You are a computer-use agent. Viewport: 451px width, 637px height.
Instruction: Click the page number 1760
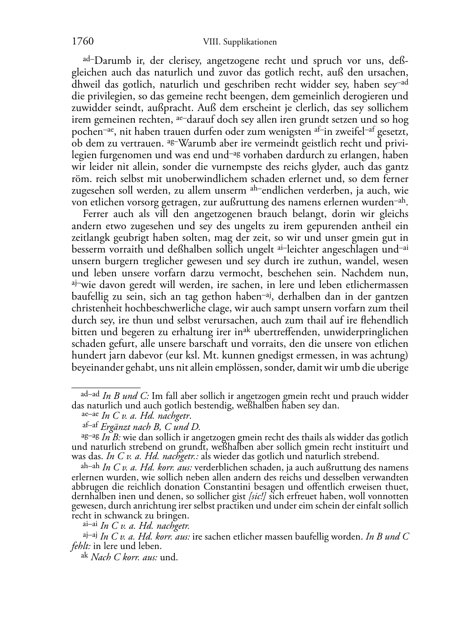point(83,42)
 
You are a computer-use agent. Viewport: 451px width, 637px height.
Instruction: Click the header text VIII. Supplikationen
point(240,42)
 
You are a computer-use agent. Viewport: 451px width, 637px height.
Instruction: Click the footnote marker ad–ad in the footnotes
point(90,394)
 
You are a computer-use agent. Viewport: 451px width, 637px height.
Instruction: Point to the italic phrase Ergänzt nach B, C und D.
point(150,427)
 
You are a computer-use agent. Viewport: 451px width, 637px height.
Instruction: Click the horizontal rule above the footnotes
point(106,387)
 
